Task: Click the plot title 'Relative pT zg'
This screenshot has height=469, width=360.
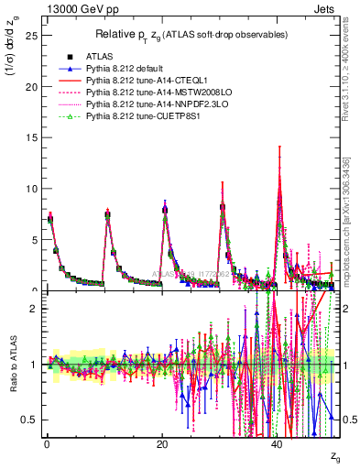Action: pos(190,34)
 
